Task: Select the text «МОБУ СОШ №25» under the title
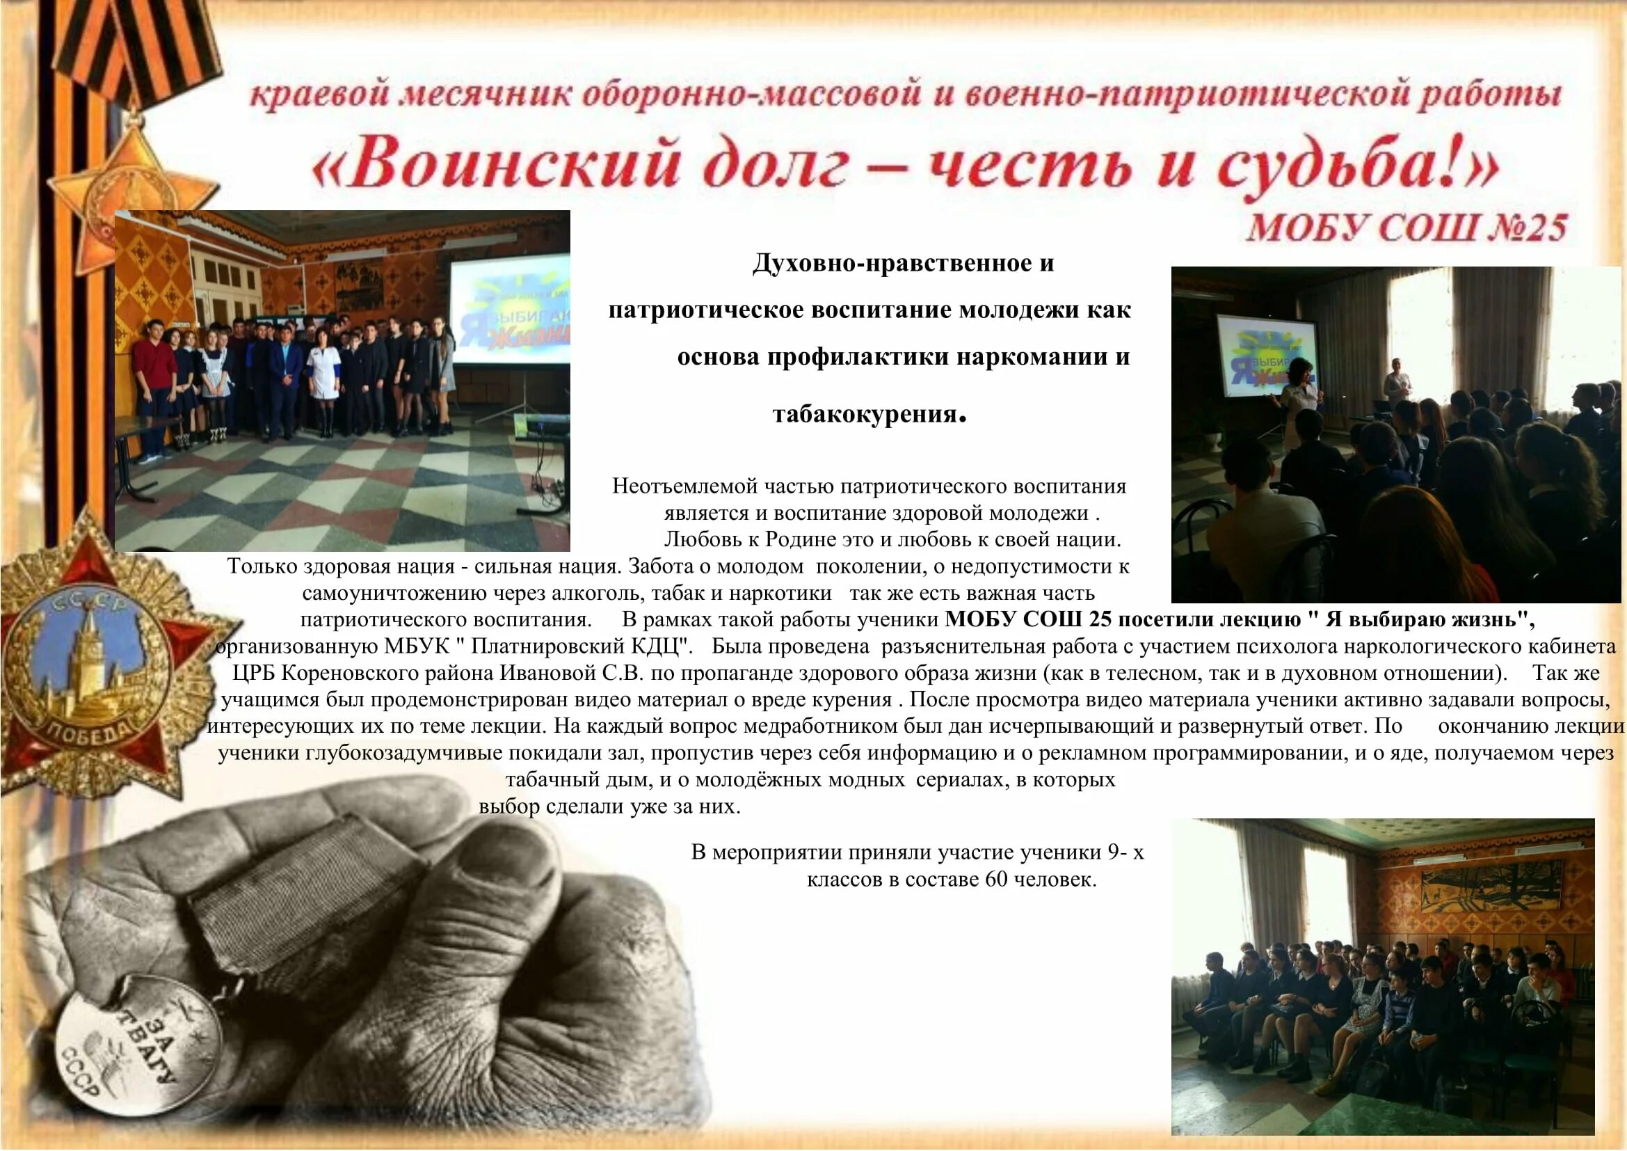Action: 1406,228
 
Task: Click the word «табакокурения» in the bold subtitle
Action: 865,414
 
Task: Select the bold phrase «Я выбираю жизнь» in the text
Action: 1426,619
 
